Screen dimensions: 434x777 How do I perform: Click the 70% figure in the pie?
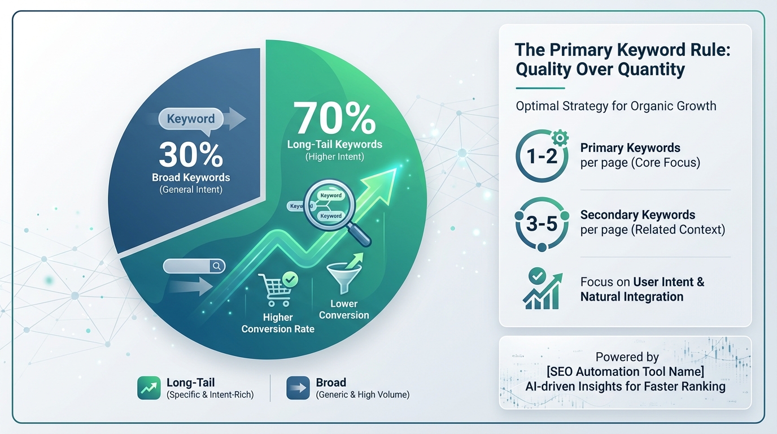335,118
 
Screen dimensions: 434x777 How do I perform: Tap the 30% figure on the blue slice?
190,154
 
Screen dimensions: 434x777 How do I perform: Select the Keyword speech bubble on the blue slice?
190,119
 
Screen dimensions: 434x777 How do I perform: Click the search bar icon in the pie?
194,266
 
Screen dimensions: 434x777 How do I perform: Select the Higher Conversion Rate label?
277,323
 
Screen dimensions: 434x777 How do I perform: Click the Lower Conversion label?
344,310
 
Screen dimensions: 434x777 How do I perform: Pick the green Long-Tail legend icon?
149,388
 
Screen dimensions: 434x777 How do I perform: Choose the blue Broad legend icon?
298,388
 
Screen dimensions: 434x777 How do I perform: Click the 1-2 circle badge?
542,156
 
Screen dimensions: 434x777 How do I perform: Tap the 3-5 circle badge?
542,224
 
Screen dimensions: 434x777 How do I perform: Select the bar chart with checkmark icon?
542,289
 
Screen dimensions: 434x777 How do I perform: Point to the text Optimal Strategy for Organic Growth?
616,106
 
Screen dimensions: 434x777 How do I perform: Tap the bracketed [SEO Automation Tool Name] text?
625,372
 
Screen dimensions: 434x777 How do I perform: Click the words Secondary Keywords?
638,215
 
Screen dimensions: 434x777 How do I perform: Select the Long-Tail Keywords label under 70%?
334,145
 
